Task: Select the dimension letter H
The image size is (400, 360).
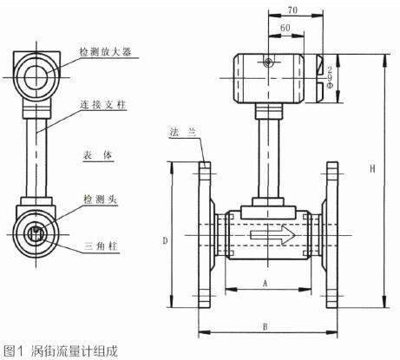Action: click(x=372, y=171)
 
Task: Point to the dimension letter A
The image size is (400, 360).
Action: click(x=263, y=283)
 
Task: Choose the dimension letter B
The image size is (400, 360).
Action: click(x=265, y=326)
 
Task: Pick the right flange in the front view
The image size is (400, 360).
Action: click(x=332, y=234)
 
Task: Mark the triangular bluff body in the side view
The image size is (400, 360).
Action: click(x=36, y=232)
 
